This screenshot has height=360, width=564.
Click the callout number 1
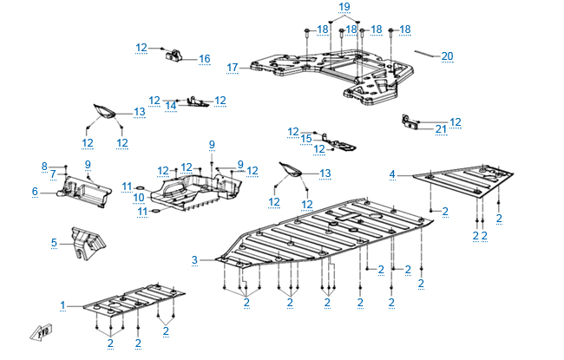[62, 305]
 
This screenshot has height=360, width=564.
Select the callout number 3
[194, 259]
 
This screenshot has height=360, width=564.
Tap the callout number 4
[391, 175]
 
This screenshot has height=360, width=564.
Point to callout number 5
[53, 243]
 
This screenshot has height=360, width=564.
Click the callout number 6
[35, 192]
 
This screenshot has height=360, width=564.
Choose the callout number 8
[44, 166]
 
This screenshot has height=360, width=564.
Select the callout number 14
[171, 106]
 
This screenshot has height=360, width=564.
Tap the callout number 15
[305, 139]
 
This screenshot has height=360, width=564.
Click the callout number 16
[205, 59]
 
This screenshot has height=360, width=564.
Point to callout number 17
[232, 67]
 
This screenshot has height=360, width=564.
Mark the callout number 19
[344, 7]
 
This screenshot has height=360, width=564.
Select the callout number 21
[441, 129]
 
